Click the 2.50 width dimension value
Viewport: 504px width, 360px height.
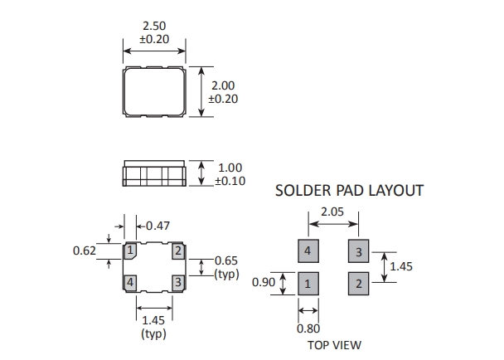(x=154, y=26)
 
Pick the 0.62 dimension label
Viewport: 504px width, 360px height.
(x=85, y=249)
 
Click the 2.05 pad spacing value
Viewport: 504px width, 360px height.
(x=334, y=213)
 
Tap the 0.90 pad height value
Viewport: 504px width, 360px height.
(x=263, y=283)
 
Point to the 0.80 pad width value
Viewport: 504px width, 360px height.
(x=308, y=328)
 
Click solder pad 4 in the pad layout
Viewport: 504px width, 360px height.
(x=308, y=251)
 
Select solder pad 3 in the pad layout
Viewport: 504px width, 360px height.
(x=358, y=251)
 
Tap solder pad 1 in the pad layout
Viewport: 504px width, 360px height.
(x=308, y=284)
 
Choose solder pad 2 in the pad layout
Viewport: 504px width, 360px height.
(x=358, y=284)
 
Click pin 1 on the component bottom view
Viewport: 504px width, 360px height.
(x=130, y=250)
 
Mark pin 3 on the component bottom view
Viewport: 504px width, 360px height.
(x=177, y=283)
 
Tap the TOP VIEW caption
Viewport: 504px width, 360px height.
(x=334, y=345)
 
